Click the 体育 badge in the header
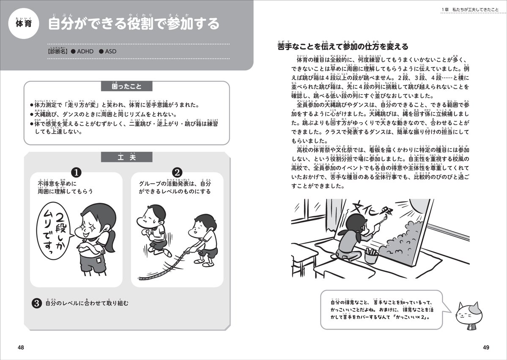(24, 24)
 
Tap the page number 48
(20, 348)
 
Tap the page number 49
(486, 348)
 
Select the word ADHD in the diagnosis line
(85, 51)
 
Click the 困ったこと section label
(127, 87)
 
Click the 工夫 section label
(127, 157)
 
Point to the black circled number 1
(76, 172)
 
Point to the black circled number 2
(177, 172)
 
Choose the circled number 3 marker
(37, 303)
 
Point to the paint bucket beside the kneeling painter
(371, 256)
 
